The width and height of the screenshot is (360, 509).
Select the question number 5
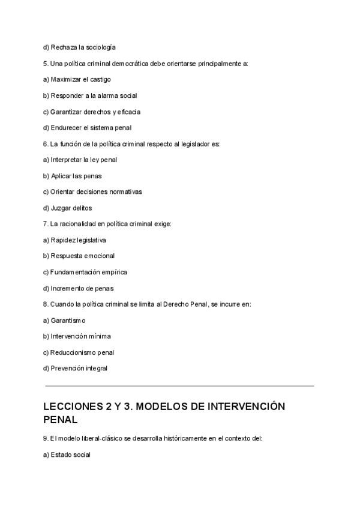point(46,63)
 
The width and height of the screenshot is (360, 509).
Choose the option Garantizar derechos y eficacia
point(92,112)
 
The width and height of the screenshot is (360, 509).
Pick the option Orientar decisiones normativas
point(92,191)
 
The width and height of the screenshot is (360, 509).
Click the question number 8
point(46,304)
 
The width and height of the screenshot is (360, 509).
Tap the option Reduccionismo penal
point(79,352)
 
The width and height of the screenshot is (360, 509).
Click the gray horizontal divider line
point(179,385)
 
